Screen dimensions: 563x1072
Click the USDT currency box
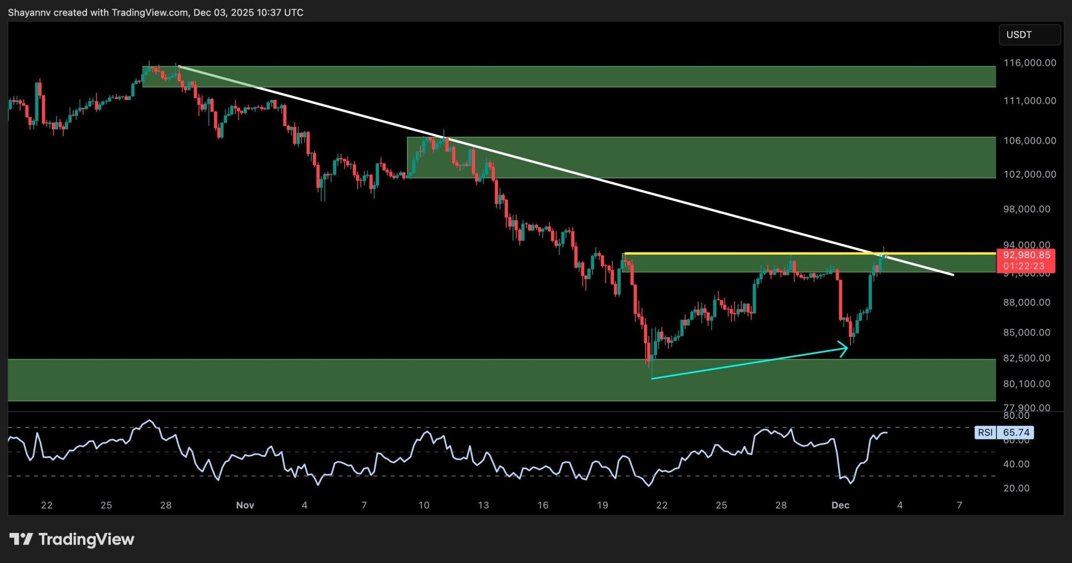click(x=1029, y=35)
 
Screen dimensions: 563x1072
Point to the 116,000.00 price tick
click(x=1029, y=63)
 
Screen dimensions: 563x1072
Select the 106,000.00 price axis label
click(x=1029, y=141)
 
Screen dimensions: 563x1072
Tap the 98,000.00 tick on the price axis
click(x=1026, y=209)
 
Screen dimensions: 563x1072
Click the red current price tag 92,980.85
click(x=1026, y=255)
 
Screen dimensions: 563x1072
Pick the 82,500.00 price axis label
click(x=1026, y=358)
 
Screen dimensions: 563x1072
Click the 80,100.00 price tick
click(x=1026, y=384)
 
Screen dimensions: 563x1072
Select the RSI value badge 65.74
click(x=1016, y=432)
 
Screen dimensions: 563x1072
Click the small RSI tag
click(x=985, y=432)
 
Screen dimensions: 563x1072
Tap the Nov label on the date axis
click(x=245, y=505)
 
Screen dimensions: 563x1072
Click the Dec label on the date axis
click(x=840, y=505)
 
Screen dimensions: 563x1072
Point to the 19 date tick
click(x=602, y=505)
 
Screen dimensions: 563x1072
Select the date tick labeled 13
click(x=483, y=505)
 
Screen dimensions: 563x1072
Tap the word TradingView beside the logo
click(x=86, y=539)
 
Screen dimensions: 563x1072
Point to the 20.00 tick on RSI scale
click(x=1016, y=488)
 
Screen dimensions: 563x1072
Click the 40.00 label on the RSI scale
click(x=1016, y=464)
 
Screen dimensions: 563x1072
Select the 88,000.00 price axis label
click(x=1026, y=302)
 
